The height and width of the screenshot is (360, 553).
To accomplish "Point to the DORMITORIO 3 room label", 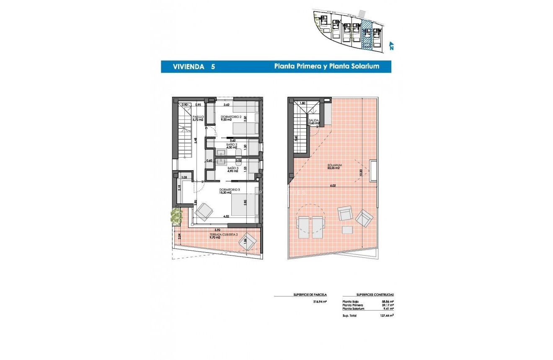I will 230,191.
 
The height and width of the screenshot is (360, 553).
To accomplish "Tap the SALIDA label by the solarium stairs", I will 314,122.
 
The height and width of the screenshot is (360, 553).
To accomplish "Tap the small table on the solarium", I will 347,230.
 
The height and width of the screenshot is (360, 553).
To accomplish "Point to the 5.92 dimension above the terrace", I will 217,230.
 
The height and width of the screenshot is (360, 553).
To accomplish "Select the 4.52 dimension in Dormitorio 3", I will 226,217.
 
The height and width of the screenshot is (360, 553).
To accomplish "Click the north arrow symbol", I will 391,46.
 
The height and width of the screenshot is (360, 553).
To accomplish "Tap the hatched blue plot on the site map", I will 366,35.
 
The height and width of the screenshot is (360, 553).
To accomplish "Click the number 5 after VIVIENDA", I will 213,66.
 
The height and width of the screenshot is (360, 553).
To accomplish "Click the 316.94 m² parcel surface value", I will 320,301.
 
